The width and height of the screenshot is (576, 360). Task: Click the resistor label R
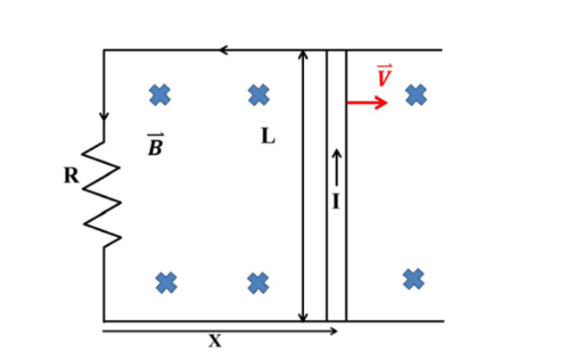click(71, 176)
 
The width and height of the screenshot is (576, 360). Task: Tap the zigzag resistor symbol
click(102, 194)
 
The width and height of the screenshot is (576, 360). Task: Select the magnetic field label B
click(155, 144)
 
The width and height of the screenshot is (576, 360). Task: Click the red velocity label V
click(384, 75)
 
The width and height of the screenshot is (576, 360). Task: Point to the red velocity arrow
click(367, 102)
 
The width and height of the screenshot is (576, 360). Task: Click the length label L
click(267, 136)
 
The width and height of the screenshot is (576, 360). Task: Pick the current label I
click(336, 201)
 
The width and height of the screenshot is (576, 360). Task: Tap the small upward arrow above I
click(336, 168)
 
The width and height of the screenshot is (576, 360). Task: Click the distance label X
click(215, 341)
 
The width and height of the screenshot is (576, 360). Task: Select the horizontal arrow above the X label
click(219, 331)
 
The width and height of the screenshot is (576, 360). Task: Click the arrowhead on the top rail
click(224, 50)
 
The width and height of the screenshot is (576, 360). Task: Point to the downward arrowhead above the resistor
click(104, 116)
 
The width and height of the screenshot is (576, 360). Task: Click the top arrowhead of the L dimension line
click(302, 54)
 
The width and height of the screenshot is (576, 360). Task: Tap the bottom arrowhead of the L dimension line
click(302, 316)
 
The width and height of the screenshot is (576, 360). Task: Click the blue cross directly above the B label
click(160, 94)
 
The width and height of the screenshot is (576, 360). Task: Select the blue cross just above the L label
click(259, 94)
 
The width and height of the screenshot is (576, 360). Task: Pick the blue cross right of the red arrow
click(416, 94)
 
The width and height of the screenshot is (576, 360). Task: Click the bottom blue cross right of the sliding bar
click(414, 279)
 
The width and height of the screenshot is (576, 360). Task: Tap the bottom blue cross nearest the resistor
click(166, 283)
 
